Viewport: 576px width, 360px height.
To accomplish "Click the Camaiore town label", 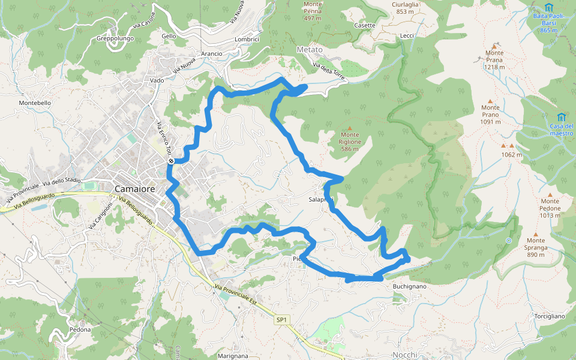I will tap(134, 189).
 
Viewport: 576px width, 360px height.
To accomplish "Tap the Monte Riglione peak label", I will tap(350, 138).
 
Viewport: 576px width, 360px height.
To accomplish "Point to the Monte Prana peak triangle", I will tap(494, 46).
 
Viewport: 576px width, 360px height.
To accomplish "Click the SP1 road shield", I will tap(282, 320).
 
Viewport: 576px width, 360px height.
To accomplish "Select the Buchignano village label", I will tap(409, 287).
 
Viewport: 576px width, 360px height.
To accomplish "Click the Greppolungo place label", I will tap(115, 39).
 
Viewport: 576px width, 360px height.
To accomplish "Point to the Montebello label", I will tap(35, 103).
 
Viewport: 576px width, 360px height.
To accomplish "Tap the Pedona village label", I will tap(80, 329).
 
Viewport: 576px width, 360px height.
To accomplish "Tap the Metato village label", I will tap(310, 49).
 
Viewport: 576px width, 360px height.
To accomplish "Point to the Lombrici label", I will tap(247, 40).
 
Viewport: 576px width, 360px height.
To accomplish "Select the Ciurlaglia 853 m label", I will tap(405, 8).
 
